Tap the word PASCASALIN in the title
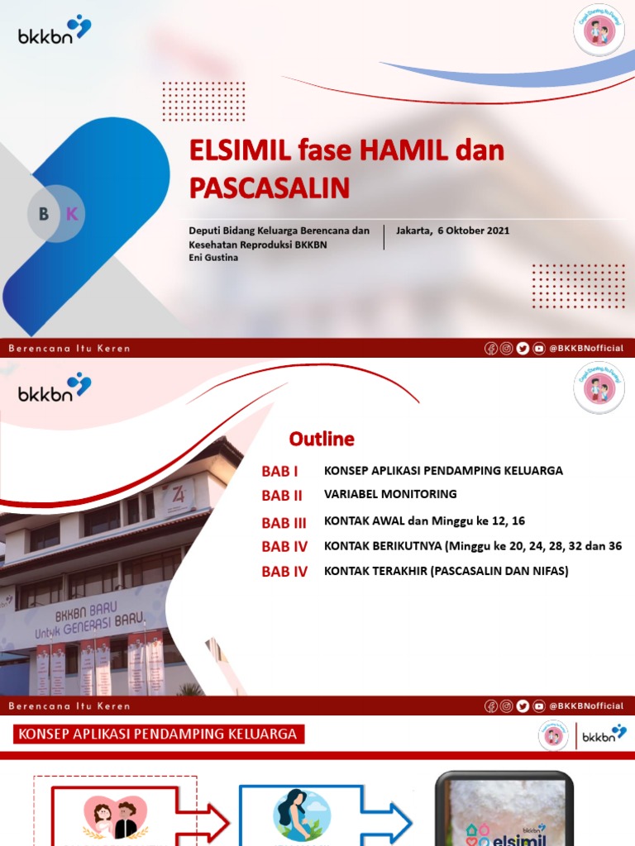tap(270, 188)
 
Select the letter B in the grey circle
tap(44, 215)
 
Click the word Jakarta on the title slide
tap(413, 231)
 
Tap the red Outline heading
tap(322, 439)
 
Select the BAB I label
tap(279, 472)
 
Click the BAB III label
tap(284, 523)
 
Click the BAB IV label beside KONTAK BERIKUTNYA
tap(284, 547)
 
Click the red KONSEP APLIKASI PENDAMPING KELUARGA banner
tap(157, 734)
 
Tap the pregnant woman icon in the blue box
tap(296, 813)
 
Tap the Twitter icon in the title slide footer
tap(523, 349)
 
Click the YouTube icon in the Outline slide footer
tap(538, 706)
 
